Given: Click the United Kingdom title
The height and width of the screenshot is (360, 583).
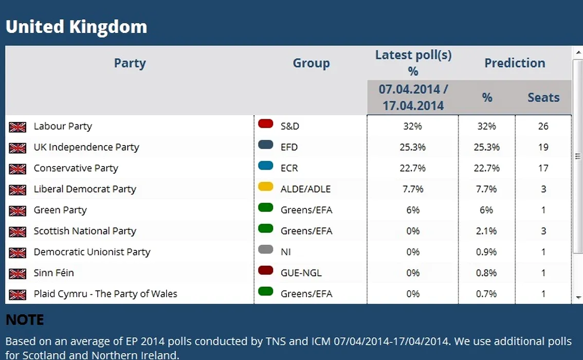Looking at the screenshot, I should click(76, 27).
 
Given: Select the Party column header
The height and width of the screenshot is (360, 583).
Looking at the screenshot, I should click(130, 63).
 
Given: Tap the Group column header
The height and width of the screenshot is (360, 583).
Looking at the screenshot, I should click(311, 63).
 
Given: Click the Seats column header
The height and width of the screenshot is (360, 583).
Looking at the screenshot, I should click(543, 98).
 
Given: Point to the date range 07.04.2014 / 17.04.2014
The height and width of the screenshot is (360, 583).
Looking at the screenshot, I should click(413, 98).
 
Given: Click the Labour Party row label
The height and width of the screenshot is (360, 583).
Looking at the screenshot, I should click(63, 126).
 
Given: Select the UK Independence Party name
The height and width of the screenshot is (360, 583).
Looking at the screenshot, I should click(86, 147).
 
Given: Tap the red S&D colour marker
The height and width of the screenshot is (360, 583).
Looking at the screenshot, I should click(265, 123).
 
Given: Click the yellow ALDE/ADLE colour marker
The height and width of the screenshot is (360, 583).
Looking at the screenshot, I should click(265, 187).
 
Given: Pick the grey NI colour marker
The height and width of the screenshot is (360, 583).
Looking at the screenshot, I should click(265, 249).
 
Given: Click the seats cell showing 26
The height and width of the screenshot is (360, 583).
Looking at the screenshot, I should click(543, 126).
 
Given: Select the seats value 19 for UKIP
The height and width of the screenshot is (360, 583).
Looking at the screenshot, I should click(543, 147).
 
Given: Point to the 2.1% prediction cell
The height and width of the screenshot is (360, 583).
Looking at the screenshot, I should click(486, 231).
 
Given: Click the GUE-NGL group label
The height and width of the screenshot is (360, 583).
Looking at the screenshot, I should click(301, 273).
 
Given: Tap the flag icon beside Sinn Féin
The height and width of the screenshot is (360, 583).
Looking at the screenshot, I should click(17, 274).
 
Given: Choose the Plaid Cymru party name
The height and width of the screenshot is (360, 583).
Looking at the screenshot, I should click(105, 294).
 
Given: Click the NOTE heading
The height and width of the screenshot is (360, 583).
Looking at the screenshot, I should click(25, 320).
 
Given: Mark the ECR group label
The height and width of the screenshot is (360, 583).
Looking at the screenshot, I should click(289, 168).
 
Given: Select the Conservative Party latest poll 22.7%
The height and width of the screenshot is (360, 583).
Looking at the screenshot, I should click(413, 168).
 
